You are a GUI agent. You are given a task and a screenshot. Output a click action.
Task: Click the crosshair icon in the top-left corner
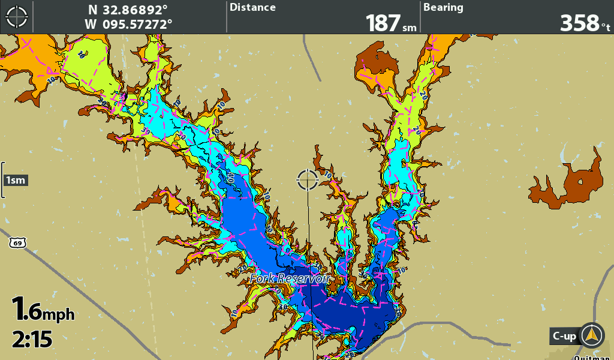point(17,17)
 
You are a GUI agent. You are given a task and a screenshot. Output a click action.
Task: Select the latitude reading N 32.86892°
point(128,10)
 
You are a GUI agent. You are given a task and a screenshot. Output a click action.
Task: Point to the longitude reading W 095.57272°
point(128,24)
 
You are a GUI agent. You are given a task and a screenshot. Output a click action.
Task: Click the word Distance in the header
point(253,8)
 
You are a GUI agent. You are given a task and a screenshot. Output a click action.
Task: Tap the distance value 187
point(383,23)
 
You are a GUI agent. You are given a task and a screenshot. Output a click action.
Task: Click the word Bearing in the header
point(443,8)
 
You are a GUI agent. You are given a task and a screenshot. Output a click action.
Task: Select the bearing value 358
point(579,23)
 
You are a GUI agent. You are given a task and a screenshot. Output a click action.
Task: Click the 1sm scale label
point(16,180)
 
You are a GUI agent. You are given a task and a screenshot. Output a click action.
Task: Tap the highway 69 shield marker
point(18,242)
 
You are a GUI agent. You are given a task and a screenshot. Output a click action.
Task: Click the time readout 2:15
point(32,340)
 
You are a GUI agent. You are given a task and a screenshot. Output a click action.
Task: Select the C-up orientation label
point(564,336)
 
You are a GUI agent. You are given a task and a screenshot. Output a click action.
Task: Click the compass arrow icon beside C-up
point(592,335)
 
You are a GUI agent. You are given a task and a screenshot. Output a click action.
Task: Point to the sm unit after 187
point(410,28)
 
